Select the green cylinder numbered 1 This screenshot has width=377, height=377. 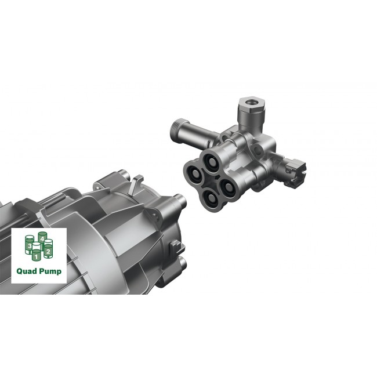pyautogui.click(x=36, y=253)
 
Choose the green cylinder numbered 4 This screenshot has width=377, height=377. pyautogui.click(x=42, y=238)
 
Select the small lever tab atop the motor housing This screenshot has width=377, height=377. pyautogui.click(x=134, y=184)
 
